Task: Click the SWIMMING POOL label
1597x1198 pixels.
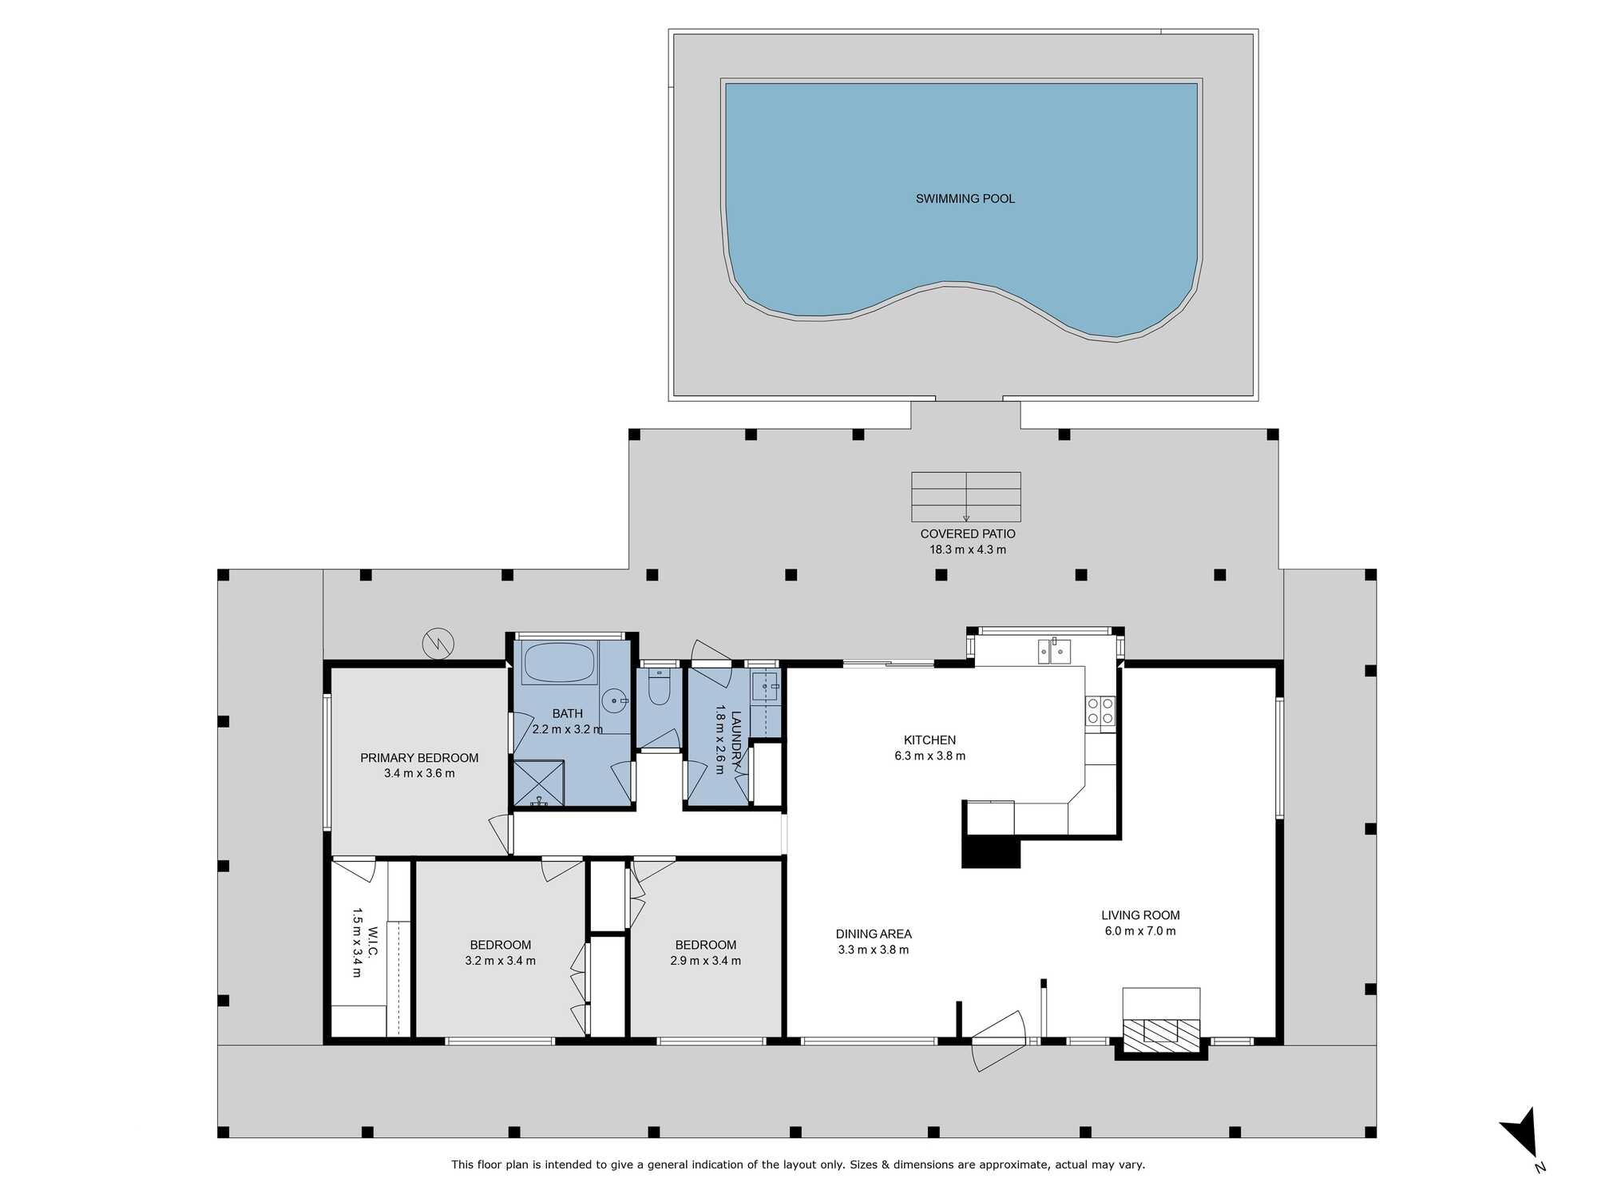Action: point(965,199)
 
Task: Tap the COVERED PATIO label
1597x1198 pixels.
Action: point(968,534)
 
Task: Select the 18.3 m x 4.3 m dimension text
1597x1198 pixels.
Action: point(968,549)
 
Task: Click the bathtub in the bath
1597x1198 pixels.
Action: point(560,663)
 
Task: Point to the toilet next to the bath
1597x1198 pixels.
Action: point(659,687)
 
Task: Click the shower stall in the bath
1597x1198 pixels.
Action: point(538,783)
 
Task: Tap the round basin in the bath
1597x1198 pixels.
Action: point(614,700)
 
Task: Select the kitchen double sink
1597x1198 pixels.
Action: point(1054,651)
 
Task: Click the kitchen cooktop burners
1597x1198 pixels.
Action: point(1100,711)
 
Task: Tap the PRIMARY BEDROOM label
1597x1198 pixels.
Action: point(419,758)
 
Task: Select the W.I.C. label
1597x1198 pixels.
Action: point(372,942)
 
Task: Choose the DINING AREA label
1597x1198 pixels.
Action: point(874,934)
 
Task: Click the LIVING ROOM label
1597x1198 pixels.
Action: point(1140,915)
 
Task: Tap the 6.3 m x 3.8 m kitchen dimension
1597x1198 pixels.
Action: point(930,756)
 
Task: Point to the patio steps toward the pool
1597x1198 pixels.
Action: point(966,497)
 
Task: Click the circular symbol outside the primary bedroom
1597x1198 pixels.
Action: point(438,644)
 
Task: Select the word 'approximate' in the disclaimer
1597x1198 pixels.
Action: point(1010,1164)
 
